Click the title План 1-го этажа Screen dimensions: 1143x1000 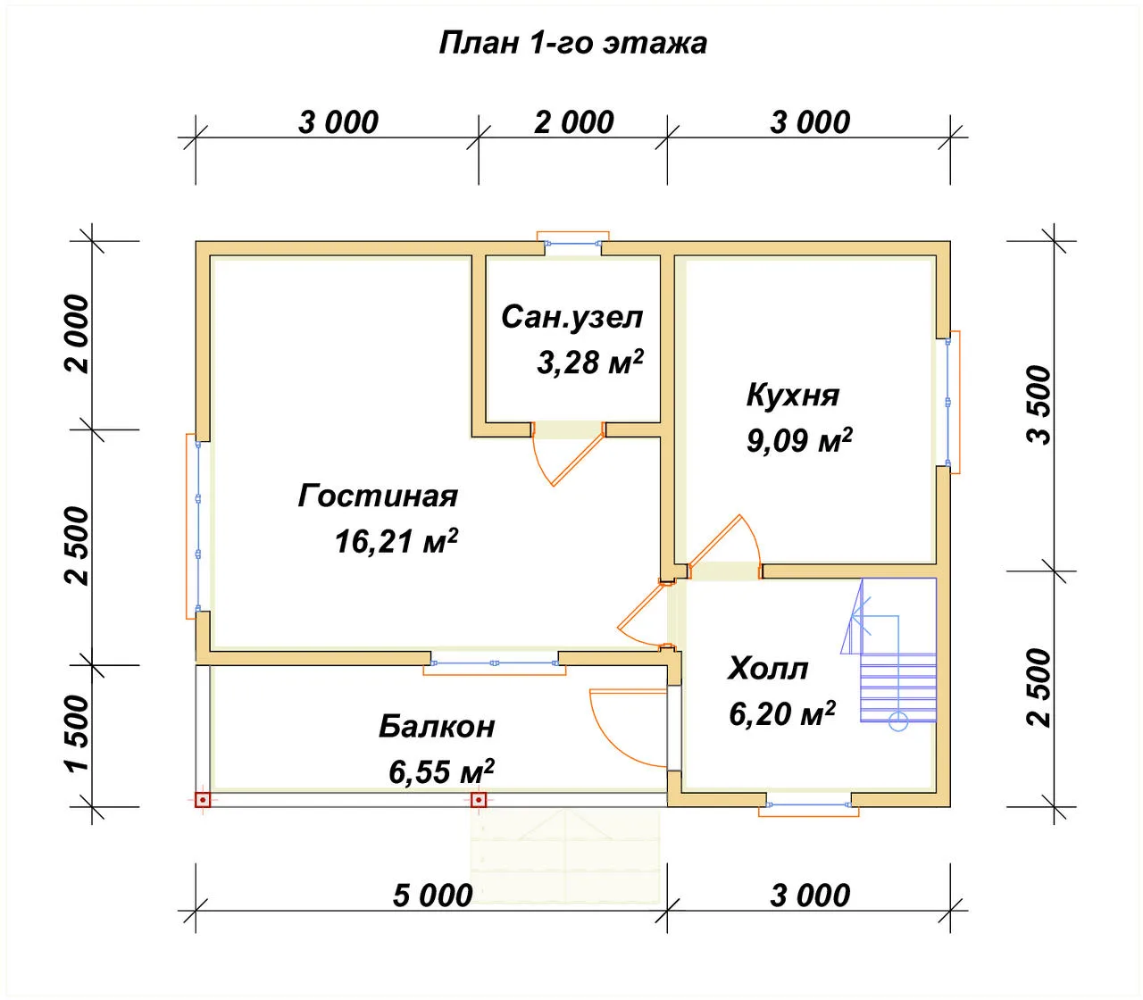572,44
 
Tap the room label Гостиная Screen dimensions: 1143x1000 378,496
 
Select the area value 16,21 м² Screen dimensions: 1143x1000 396,540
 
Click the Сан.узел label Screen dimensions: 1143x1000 572,318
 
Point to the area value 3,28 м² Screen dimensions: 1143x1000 590,361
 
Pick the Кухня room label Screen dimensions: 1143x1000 793,396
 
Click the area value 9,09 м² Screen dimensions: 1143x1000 799,440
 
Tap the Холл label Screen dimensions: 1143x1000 768,668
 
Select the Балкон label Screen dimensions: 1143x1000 437,727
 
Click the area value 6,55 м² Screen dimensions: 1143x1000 441,771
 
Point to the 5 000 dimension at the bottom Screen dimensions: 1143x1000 433,895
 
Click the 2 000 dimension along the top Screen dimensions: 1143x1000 574,122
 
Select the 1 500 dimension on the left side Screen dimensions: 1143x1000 78,734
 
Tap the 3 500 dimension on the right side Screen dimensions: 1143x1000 1039,405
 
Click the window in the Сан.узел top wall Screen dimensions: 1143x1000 573,243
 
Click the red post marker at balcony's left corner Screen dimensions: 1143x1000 203,800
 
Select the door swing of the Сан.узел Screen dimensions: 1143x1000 569,454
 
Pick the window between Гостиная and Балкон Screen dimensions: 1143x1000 495,663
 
